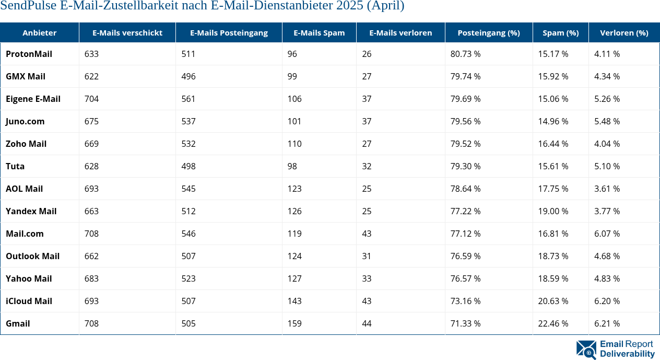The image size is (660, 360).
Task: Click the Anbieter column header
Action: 40,33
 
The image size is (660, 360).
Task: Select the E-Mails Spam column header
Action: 319,33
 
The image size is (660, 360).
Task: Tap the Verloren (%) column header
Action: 624,33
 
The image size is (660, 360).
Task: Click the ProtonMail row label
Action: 29,54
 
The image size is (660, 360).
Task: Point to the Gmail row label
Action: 18,323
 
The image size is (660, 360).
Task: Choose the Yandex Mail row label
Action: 31,211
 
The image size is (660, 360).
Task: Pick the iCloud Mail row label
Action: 29,301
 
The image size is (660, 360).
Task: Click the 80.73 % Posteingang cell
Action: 465,54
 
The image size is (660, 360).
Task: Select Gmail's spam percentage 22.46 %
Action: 553,323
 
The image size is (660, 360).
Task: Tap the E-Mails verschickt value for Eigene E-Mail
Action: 91,99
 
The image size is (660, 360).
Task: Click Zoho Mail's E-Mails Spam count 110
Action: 294,144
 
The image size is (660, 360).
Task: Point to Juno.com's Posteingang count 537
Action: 188,121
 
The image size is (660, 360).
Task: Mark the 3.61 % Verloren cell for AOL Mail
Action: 607,189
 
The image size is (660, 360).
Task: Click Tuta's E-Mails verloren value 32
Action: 367,166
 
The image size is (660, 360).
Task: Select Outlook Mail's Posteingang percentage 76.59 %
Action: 465,256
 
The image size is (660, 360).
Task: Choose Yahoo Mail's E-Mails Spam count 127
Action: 294,278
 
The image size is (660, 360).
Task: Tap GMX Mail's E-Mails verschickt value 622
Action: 91,76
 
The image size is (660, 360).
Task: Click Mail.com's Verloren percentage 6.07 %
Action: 607,234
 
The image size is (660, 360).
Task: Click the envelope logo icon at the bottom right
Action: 586,350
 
